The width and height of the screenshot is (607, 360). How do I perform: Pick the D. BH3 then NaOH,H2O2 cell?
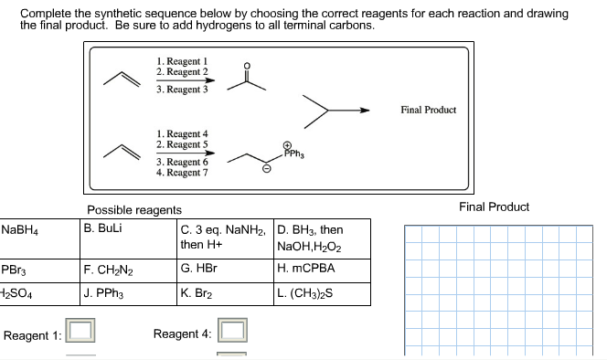point(310,238)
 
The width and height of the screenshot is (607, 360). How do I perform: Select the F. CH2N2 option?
point(108,270)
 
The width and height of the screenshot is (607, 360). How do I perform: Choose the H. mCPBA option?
point(306,269)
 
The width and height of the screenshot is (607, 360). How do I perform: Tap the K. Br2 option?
point(196,293)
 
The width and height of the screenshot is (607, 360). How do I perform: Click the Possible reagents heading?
point(134,210)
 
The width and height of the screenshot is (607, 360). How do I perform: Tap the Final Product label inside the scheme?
point(428,110)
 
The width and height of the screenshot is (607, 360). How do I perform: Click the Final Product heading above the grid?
point(495,206)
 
